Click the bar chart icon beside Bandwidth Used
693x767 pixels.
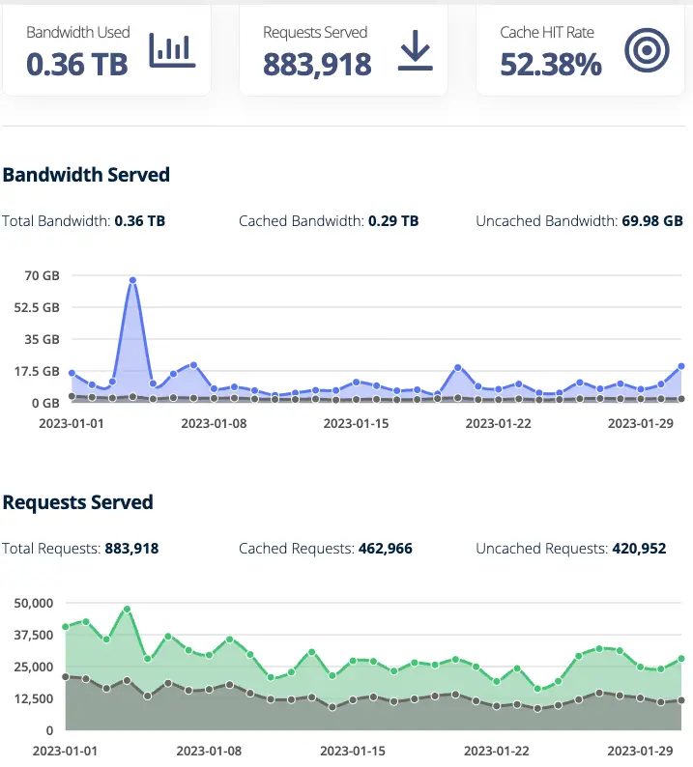172,50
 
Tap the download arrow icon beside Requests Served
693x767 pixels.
415,51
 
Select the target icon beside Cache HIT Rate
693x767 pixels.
647,51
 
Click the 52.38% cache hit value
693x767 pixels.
550,65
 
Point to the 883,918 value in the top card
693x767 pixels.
317,65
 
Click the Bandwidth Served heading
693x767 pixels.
86,175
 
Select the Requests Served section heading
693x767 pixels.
78,502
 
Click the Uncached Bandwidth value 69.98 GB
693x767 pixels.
651,221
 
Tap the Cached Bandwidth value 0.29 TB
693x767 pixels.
393,221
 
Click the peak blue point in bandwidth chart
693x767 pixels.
132,280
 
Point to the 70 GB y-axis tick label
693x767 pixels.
43,276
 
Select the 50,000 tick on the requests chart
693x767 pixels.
34,603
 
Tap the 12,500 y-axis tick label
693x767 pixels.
34,698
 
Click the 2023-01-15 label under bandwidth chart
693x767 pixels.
355,423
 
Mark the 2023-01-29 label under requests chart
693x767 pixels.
639,750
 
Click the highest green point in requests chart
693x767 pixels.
127,610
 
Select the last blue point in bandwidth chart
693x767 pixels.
681,366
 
